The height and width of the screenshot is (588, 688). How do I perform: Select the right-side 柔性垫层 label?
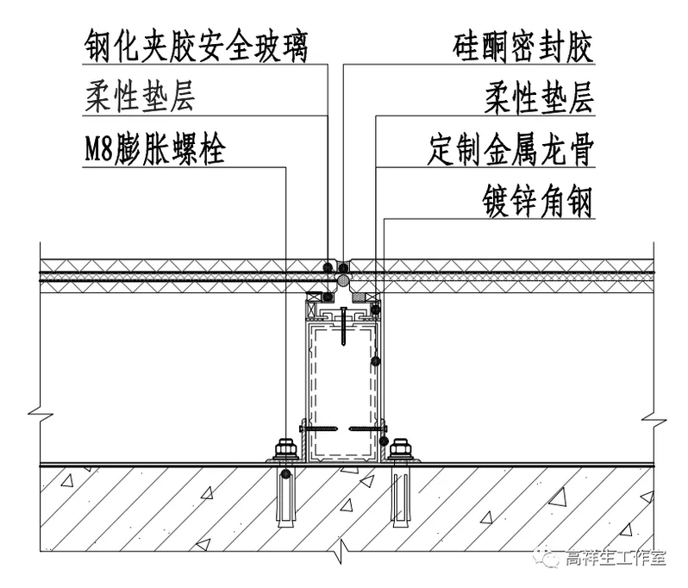tap(538, 97)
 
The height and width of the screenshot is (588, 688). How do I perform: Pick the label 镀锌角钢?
tap(537, 203)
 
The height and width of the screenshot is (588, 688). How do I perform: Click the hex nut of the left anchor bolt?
tap(285, 449)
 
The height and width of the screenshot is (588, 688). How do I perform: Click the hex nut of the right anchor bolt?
tap(399, 449)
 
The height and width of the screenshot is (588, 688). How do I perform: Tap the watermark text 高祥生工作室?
tap(614, 558)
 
